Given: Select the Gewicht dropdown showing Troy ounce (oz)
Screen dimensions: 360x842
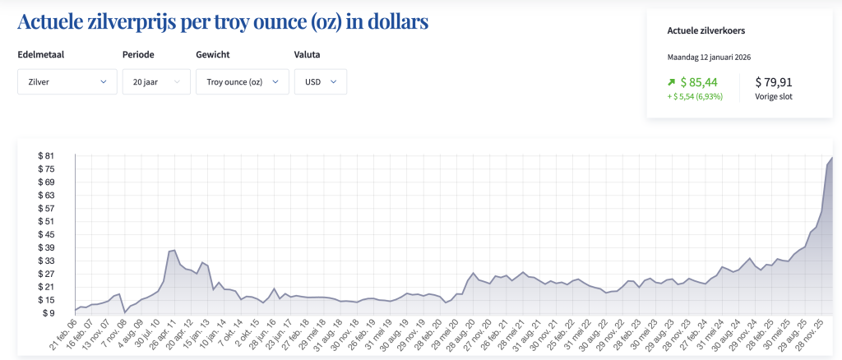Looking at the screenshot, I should pos(242,82).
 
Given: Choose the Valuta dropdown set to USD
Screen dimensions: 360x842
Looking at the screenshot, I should pos(320,82).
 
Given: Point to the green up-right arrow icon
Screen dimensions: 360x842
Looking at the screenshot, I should pos(672,82).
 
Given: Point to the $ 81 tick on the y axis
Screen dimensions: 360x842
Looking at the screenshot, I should pos(45,155).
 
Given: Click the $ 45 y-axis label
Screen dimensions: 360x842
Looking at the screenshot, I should pos(45,234).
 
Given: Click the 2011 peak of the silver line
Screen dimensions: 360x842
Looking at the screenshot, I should pos(173,250).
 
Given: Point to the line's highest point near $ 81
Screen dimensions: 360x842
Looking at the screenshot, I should pos(832,157).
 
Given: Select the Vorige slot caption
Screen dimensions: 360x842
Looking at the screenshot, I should pos(774,96).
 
